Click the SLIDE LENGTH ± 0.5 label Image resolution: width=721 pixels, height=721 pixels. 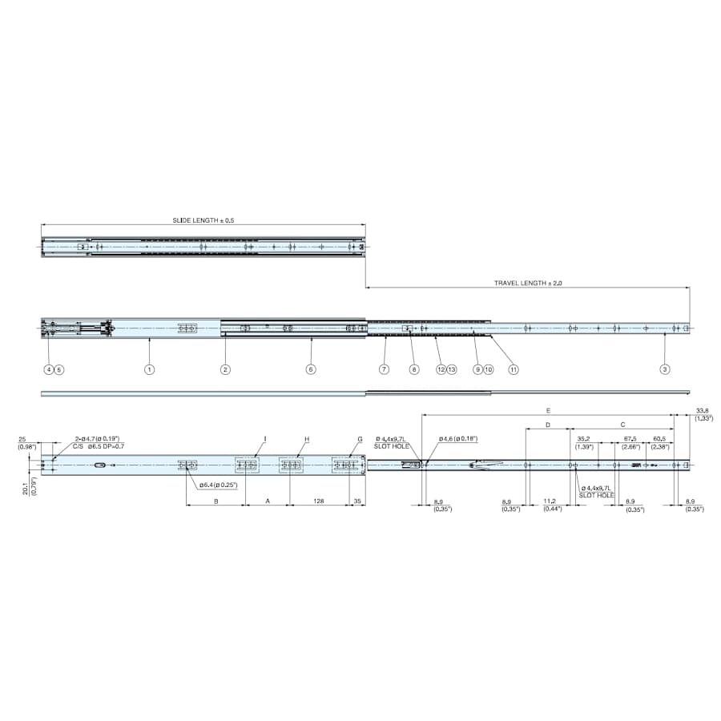(x=203, y=220)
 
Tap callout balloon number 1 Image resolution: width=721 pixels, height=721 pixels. (x=149, y=369)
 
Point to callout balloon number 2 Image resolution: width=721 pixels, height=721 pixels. (x=226, y=369)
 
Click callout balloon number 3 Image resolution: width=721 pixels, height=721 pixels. (x=665, y=369)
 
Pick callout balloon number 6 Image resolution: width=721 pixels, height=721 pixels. (x=311, y=369)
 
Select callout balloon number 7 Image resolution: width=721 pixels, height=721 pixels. (x=385, y=369)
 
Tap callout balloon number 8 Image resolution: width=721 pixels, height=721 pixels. (x=414, y=369)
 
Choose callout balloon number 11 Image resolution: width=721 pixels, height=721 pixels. (x=514, y=369)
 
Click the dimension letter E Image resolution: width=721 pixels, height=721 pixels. (x=549, y=409)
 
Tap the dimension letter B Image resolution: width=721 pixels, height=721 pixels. (x=215, y=501)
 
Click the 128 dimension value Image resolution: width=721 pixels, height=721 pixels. (x=318, y=501)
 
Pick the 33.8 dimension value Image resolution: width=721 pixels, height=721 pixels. (x=703, y=409)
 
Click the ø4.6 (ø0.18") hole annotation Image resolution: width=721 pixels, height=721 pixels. (x=458, y=439)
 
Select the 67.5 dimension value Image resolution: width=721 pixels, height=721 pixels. (x=630, y=439)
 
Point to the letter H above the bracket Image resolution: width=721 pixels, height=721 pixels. (x=307, y=439)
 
